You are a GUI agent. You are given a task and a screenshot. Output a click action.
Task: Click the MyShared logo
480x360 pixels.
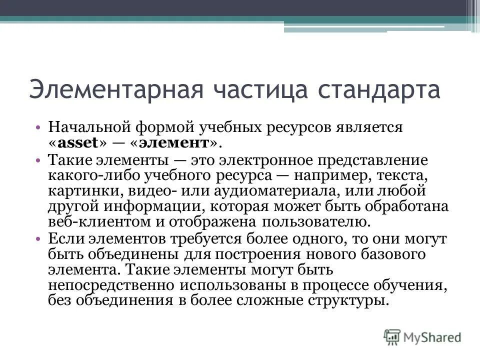[x=422, y=336]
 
